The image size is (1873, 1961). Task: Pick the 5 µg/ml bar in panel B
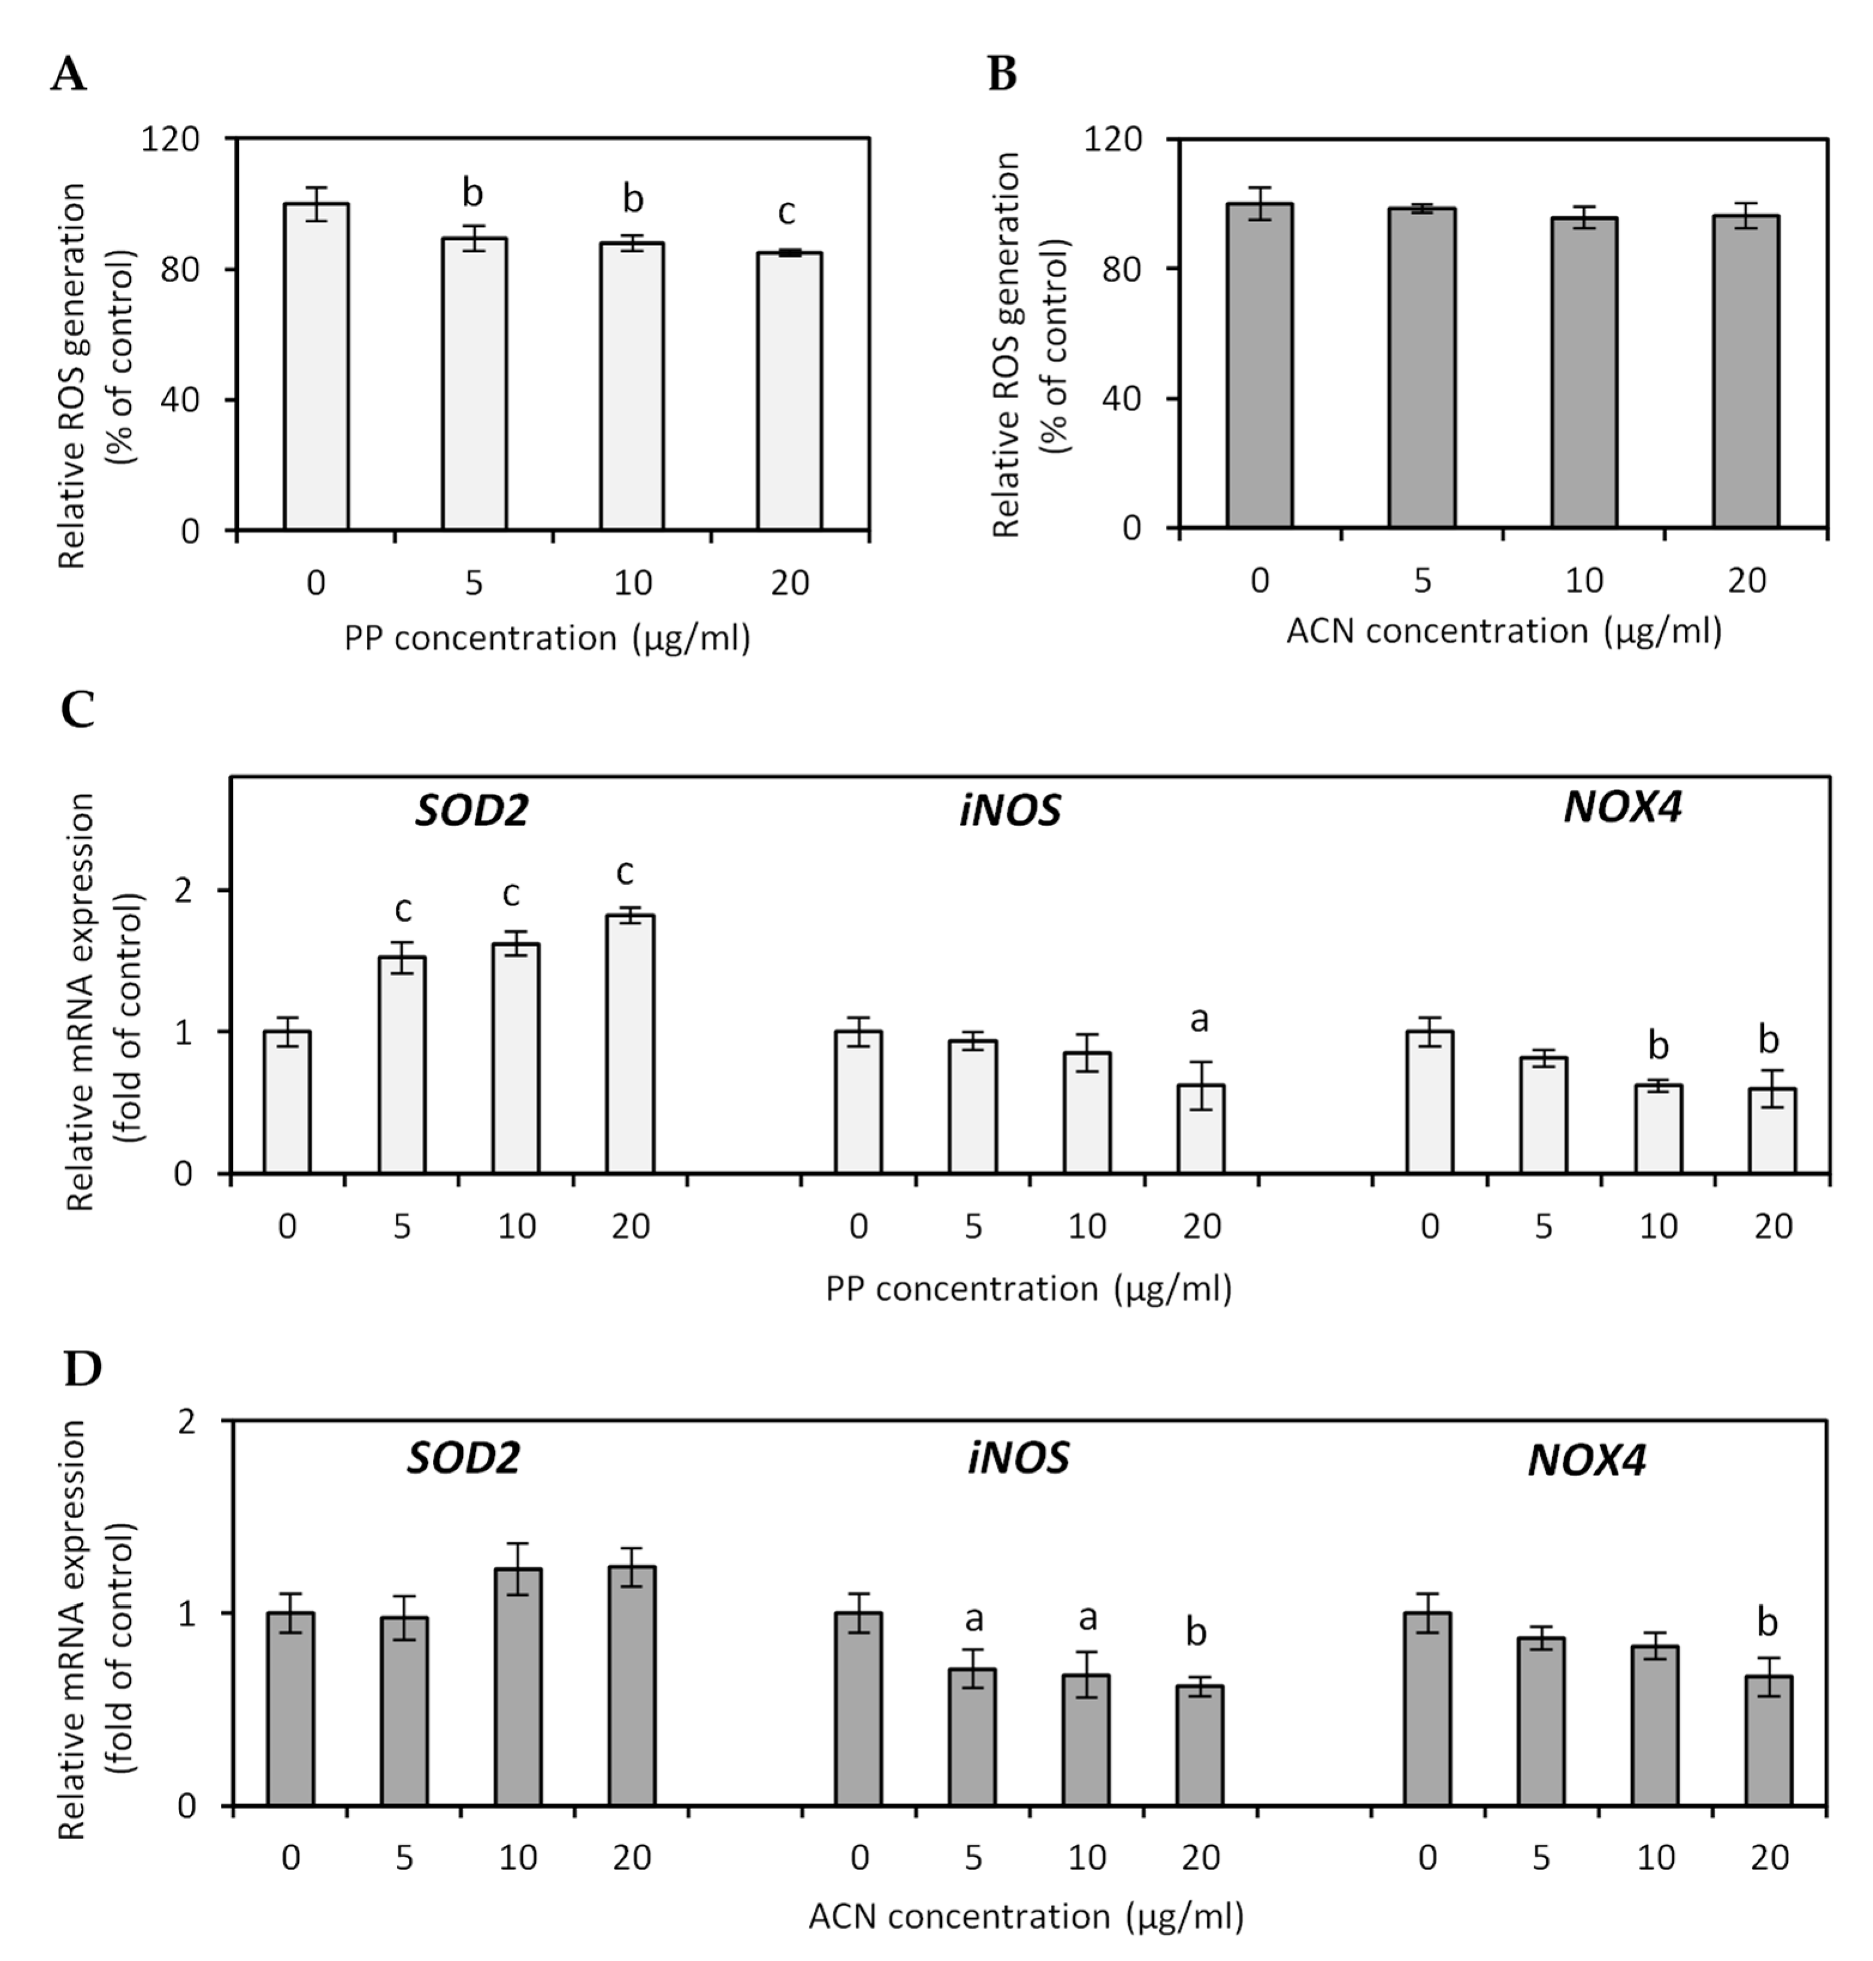tap(1421, 368)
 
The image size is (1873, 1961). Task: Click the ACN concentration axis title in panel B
tap(1504, 631)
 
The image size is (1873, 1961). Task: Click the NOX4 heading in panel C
tap(1622, 806)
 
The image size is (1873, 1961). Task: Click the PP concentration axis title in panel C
tap(1028, 1288)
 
